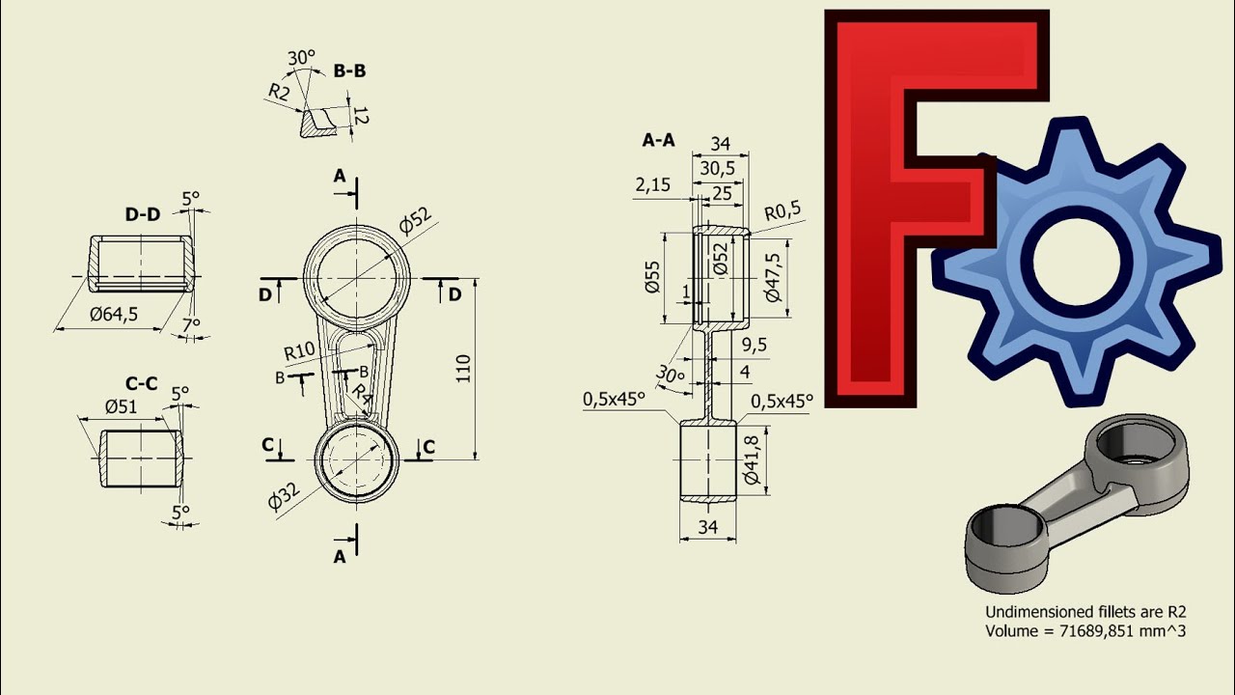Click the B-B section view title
349,70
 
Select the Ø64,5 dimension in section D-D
114,314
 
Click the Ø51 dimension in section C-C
121,406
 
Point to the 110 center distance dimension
463,368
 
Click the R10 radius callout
299,350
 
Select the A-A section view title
658,140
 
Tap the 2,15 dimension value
653,184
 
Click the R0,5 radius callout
782,211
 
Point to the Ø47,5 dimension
774,278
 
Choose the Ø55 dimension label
651,278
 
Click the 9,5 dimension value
755,345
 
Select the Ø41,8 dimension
754,459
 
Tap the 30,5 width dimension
717,168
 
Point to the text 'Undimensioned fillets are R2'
1084,611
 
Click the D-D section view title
142,214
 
